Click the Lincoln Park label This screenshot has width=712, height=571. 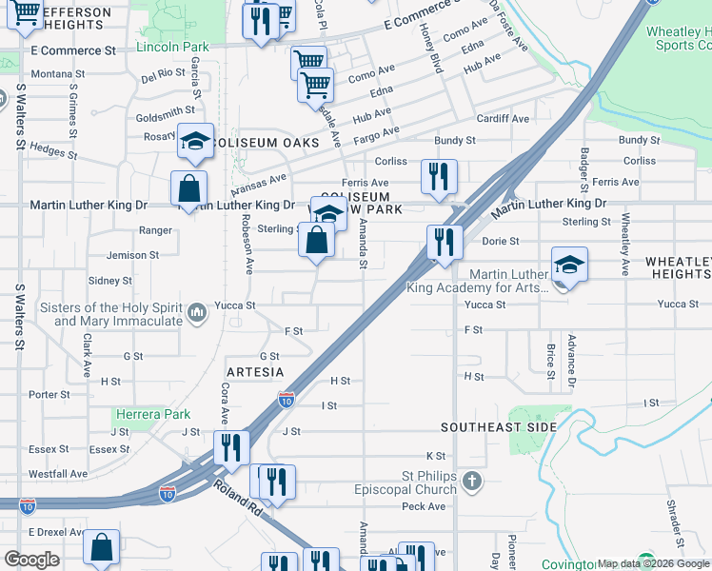[172, 47]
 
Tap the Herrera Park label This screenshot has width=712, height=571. [152, 414]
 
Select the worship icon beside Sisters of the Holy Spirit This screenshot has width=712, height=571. [197, 312]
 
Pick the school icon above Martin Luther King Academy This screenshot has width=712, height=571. [569, 264]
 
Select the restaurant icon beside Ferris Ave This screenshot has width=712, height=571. [439, 176]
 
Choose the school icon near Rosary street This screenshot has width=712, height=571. [196, 142]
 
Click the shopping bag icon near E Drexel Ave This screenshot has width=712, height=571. [101, 548]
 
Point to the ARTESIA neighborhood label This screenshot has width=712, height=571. [256, 370]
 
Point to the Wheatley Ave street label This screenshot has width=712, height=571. [625, 245]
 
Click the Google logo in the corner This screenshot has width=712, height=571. [31, 560]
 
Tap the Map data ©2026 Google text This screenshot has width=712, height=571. [653, 563]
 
